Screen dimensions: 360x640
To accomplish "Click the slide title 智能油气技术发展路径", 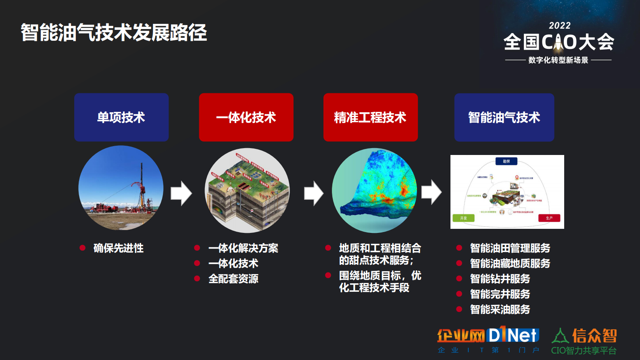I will pyautogui.click(x=114, y=33).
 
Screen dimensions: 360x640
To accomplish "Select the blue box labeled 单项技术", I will pyautogui.click(x=121, y=117).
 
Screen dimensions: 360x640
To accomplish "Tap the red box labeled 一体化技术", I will pyautogui.click(x=246, y=117).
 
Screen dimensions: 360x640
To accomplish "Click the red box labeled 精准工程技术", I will pyautogui.click(x=370, y=117).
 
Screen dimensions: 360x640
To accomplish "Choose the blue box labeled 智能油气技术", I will pyautogui.click(x=504, y=117).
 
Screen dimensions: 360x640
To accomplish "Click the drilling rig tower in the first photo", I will pyautogui.click(x=142, y=186).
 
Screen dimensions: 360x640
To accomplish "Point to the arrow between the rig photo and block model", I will pyautogui.click(x=181, y=193).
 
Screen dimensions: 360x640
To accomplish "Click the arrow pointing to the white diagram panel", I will pyautogui.click(x=431, y=192).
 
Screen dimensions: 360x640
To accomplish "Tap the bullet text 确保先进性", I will pyautogui.click(x=118, y=248).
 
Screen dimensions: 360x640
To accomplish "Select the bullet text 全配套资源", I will pyautogui.click(x=233, y=279).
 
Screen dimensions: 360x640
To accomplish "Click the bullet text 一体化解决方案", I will pyautogui.click(x=243, y=248).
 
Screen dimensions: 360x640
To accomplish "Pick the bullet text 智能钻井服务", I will pyautogui.click(x=500, y=279).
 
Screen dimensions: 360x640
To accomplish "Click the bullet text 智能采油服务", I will pyautogui.click(x=500, y=310).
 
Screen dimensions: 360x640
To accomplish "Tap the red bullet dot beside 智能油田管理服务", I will pyautogui.click(x=459, y=248).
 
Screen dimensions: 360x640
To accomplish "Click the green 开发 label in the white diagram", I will pyautogui.click(x=463, y=218).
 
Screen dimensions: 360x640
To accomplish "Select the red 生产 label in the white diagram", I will pyautogui.click(x=549, y=218).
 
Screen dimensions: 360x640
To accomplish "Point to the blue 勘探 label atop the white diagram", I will pyautogui.click(x=506, y=161).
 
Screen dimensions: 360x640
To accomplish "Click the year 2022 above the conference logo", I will pyautogui.click(x=560, y=25).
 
